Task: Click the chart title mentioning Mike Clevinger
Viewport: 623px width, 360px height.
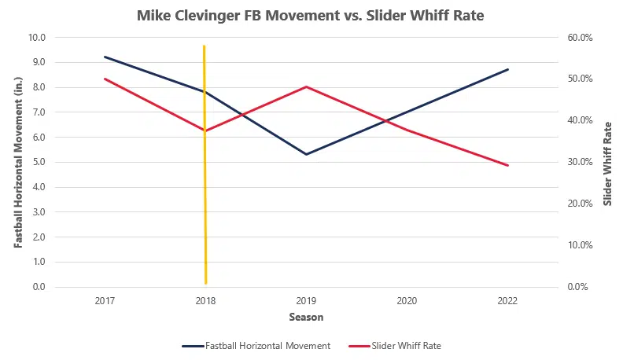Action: coord(311,15)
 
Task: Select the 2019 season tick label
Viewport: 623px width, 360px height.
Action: coord(306,301)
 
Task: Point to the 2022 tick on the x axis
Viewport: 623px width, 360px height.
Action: coord(508,301)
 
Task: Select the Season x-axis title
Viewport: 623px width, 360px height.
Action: coord(306,318)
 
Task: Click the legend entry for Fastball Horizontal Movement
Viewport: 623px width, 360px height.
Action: coord(256,345)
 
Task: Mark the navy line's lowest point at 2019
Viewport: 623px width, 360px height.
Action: coord(306,154)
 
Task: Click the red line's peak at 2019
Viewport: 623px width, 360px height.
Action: coord(306,86)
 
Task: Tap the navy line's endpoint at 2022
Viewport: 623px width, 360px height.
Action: coord(508,69)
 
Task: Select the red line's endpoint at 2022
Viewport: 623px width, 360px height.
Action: coord(508,165)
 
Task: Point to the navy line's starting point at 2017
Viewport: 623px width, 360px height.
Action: coord(104,57)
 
